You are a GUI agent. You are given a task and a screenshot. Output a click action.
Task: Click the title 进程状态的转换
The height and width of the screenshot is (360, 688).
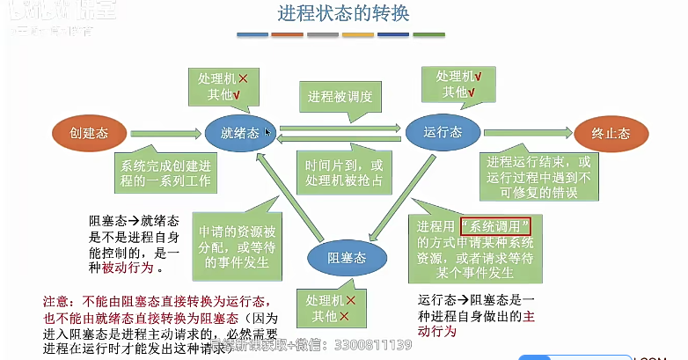pyautogui.click(x=342, y=15)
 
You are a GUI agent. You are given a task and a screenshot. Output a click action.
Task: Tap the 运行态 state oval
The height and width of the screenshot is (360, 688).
pyautogui.click(x=442, y=133)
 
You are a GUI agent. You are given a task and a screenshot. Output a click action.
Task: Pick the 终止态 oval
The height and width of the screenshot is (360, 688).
pyautogui.click(x=610, y=134)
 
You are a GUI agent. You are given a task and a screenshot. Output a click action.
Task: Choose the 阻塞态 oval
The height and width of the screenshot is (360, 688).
pyautogui.click(x=347, y=257)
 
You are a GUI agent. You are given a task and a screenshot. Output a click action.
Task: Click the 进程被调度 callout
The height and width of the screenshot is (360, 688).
pyautogui.click(x=340, y=96)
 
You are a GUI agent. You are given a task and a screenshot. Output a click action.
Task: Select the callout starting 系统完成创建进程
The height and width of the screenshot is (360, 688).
pyautogui.click(x=165, y=173)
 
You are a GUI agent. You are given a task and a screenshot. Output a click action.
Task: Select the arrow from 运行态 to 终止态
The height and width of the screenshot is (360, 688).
pyautogui.click(x=526, y=134)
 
